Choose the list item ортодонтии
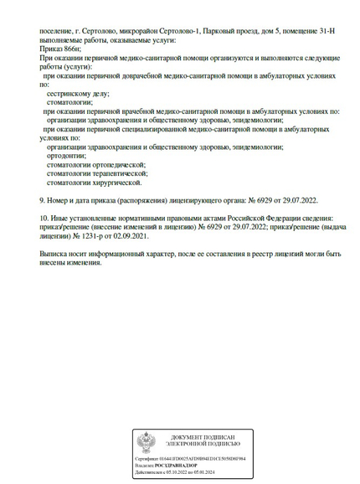[x=67, y=155]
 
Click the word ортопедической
[x=115, y=164]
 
